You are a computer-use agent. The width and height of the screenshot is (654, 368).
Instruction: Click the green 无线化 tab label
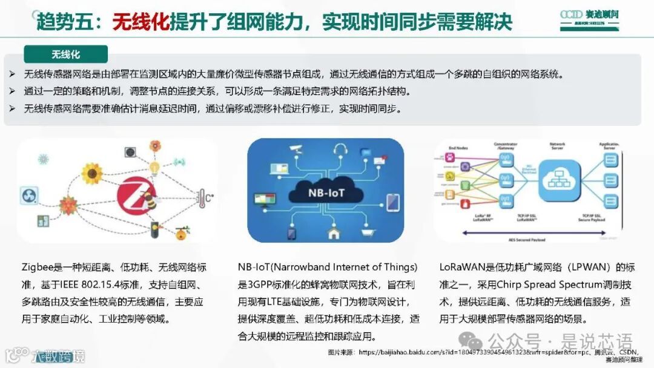click(65, 54)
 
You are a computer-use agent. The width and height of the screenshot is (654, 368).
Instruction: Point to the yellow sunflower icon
click(91, 173)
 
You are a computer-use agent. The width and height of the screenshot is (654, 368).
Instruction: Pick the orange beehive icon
click(180, 232)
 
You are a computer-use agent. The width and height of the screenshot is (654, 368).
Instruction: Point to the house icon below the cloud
click(332, 232)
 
